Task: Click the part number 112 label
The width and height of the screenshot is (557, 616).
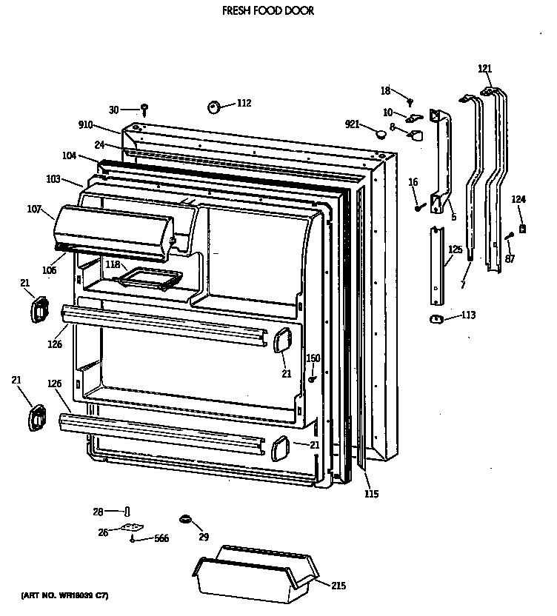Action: (x=244, y=103)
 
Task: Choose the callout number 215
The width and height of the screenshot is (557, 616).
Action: (x=338, y=586)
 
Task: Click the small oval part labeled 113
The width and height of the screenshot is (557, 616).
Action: (x=436, y=318)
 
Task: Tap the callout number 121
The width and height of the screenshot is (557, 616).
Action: (x=484, y=69)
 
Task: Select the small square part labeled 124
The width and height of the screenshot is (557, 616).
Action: (x=523, y=229)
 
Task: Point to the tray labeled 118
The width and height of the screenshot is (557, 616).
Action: (x=151, y=279)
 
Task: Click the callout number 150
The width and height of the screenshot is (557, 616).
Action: (x=313, y=358)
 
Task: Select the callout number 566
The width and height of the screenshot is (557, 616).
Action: (x=161, y=538)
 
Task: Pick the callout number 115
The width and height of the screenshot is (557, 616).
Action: (x=371, y=494)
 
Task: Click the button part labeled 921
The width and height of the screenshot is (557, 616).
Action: (x=380, y=134)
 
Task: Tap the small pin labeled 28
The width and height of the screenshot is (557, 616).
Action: (x=127, y=512)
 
